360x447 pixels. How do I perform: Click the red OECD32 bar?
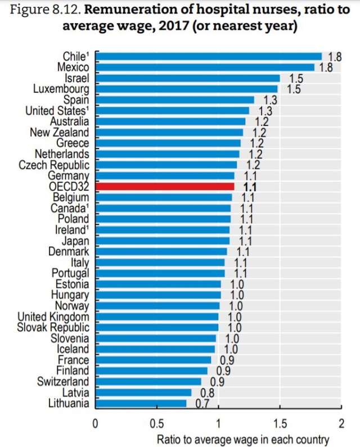(x=164, y=186)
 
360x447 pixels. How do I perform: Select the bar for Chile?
(x=208, y=56)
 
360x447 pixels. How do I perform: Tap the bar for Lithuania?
(x=141, y=403)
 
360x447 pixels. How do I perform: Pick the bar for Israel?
(x=187, y=78)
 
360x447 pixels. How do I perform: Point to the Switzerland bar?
(x=148, y=382)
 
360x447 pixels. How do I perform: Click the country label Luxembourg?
(x=61, y=89)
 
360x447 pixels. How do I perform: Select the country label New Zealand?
(x=59, y=132)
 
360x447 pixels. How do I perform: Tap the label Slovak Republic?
(x=53, y=327)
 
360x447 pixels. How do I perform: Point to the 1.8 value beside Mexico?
(x=326, y=67)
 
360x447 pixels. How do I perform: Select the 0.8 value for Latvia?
(x=208, y=392)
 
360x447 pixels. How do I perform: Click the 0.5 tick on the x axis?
(x=156, y=422)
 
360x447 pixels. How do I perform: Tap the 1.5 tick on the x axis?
(x=279, y=422)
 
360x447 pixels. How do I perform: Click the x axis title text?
(x=242, y=439)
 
